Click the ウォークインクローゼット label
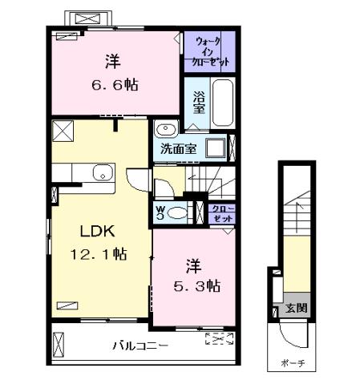click(x=210, y=51)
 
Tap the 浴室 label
click(x=199, y=103)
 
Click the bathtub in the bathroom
click(x=221, y=103)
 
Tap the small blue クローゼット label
click(x=220, y=212)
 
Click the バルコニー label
click(x=140, y=346)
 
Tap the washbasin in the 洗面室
click(x=166, y=129)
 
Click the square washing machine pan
click(x=214, y=148)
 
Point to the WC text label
click(x=160, y=213)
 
